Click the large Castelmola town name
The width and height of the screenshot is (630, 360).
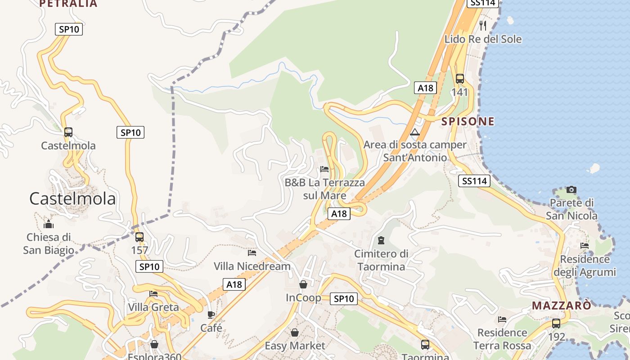pyautogui.click(x=72, y=198)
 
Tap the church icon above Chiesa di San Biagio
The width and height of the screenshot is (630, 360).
pyautogui.click(x=49, y=224)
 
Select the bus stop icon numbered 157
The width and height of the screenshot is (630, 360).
pyautogui.click(x=139, y=237)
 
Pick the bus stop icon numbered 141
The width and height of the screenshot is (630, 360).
pyautogui.click(x=459, y=79)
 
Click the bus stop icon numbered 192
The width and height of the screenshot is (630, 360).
pyautogui.click(x=556, y=323)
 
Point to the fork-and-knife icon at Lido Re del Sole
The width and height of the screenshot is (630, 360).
pyautogui.click(x=483, y=25)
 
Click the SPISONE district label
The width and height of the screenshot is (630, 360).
pyautogui.click(x=468, y=121)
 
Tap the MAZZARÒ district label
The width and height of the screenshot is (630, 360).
pyautogui.click(x=561, y=306)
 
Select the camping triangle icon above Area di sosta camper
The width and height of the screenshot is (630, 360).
pyautogui.click(x=415, y=132)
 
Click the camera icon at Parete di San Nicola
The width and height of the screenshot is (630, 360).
pyautogui.click(x=571, y=189)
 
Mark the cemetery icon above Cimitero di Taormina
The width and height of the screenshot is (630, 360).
pyautogui.click(x=382, y=240)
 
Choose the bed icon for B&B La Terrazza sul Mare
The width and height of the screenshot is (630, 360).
pyautogui.click(x=324, y=169)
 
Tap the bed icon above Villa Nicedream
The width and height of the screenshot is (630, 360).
pyautogui.click(x=252, y=253)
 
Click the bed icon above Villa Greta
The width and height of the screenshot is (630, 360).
pyautogui.click(x=153, y=294)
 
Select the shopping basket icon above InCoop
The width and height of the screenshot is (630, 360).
pyautogui.click(x=303, y=284)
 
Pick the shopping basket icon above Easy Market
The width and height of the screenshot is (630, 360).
pyautogui.click(x=294, y=333)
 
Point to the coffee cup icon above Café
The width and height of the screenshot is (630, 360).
pyautogui.click(x=211, y=315)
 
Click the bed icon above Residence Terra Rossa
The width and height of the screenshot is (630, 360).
pyautogui.click(x=502, y=319)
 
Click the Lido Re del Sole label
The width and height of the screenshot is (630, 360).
pyautogui.click(x=483, y=39)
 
